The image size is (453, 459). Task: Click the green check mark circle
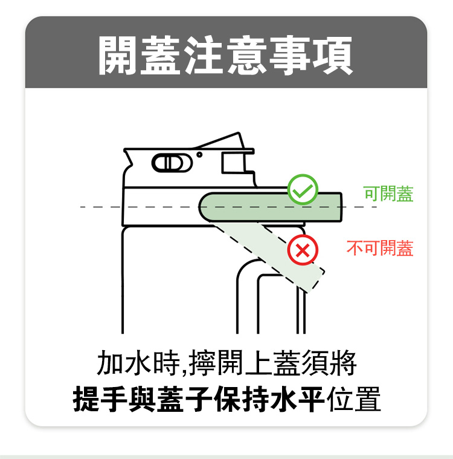[x=303, y=189]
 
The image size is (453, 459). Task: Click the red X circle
[x=303, y=250]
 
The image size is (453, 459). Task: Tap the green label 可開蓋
[x=388, y=194]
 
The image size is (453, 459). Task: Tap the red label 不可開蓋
[x=380, y=248]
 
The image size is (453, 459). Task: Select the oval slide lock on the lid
[x=172, y=163]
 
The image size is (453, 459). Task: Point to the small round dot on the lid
[x=199, y=155]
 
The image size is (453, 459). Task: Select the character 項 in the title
[x=333, y=56]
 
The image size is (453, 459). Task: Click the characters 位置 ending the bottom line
[x=354, y=399]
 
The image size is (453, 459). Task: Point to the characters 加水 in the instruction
[x=123, y=363]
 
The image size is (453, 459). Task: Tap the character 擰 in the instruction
[x=202, y=363]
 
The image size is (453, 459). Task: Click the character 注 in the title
[x=204, y=56]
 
